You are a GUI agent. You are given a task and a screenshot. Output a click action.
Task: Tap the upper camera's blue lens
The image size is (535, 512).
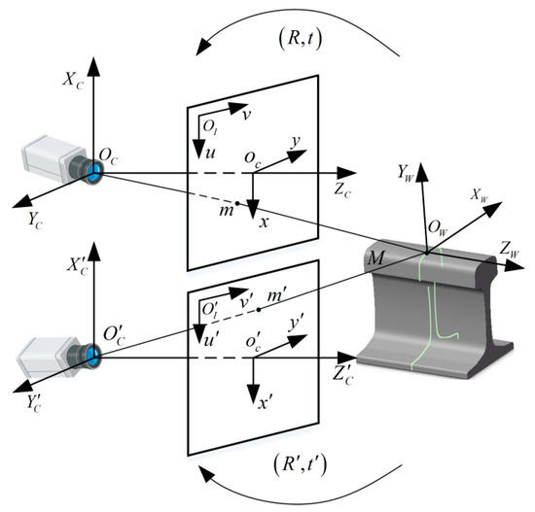tap(94, 173)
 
